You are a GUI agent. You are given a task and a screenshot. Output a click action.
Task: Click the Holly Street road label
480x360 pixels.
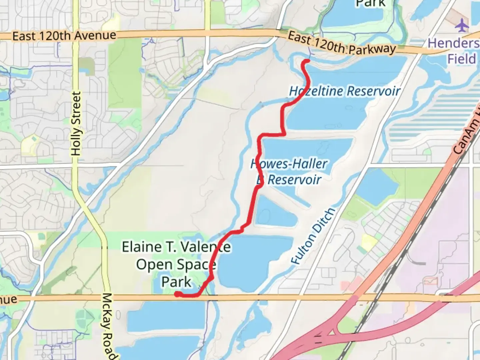76,124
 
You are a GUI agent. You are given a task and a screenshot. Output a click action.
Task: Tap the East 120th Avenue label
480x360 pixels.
64,36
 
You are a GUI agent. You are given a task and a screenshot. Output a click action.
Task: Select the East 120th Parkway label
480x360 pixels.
342,43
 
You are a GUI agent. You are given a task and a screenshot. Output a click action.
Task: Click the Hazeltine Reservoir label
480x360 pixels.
345,91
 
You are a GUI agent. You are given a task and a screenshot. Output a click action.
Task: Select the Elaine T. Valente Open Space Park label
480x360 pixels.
176,264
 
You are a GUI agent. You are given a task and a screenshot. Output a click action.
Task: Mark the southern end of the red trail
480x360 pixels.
177,294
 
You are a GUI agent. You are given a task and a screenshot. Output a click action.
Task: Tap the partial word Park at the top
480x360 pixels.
371,3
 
